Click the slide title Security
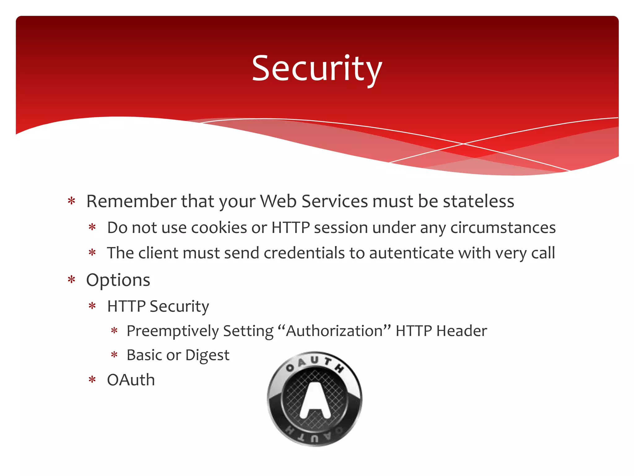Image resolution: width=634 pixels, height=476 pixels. click(317, 69)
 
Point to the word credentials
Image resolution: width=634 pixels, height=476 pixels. click(304, 253)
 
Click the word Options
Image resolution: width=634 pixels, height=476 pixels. click(118, 280)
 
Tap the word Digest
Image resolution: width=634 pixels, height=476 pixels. click(207, 355)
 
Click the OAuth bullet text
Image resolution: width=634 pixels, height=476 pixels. click(131, 380)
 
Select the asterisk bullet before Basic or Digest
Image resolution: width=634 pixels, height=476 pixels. click(114, 355)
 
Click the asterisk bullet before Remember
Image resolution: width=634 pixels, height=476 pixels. click(72, 201)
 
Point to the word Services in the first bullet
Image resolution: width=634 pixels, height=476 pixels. click(335, 201)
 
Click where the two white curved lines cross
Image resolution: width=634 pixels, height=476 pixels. click(463, 144)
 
